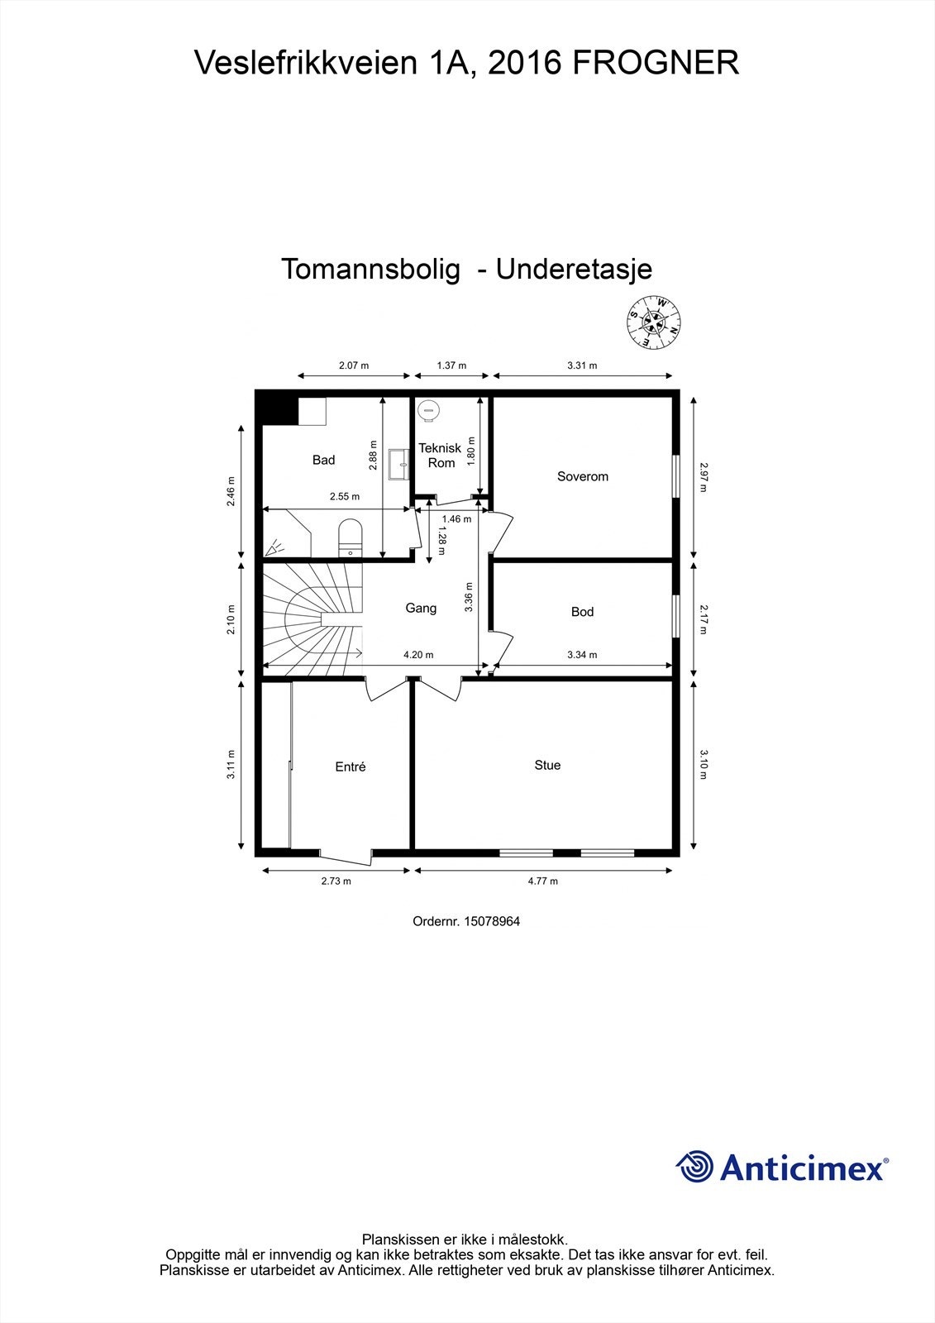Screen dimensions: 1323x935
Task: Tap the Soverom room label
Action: [x=582, y=476]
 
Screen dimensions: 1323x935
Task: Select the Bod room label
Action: [x=582, y=612]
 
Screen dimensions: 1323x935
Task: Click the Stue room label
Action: [x=547, y=766]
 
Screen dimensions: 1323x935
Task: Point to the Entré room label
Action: [x=351, y=767]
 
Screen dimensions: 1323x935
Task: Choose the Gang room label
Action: [x=421, y=609]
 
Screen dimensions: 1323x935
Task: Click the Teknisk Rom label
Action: [x=440, y=456]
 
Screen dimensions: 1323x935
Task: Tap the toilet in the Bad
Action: [x=351, y=536]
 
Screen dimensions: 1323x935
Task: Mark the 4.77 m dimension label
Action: [x=543, y=881]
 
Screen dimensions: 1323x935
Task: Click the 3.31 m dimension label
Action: [x=582, y=365]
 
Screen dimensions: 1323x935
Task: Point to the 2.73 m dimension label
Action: [x=336, y=881]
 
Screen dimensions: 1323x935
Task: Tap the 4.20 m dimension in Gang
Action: [x=418, y=655]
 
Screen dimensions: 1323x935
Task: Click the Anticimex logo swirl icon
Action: [x=694, y=1167]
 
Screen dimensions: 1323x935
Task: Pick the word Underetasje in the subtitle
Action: [x=574, y=269]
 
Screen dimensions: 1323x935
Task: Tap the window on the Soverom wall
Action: [x=675, y=476]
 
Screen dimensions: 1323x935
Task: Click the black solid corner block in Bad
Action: [x=274, y=408]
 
